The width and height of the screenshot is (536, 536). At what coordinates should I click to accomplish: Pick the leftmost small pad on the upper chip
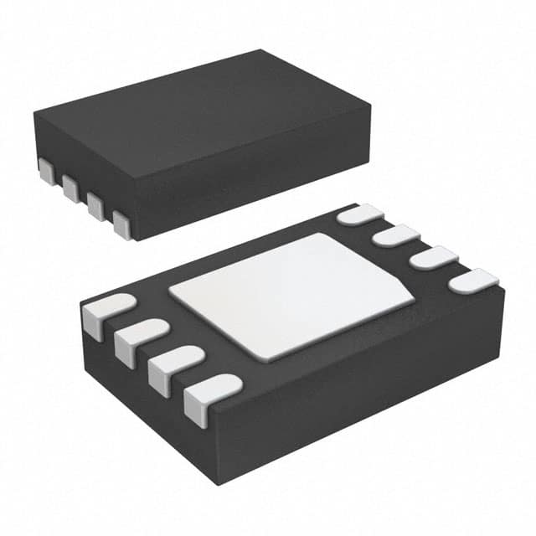[x=45, y=171]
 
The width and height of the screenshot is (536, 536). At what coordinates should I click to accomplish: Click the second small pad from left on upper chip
[x=69, y=186]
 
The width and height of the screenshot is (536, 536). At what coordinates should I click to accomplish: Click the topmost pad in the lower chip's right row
[x=358, y=214]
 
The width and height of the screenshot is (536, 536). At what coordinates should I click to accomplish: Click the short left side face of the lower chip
[x=126, y=377]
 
